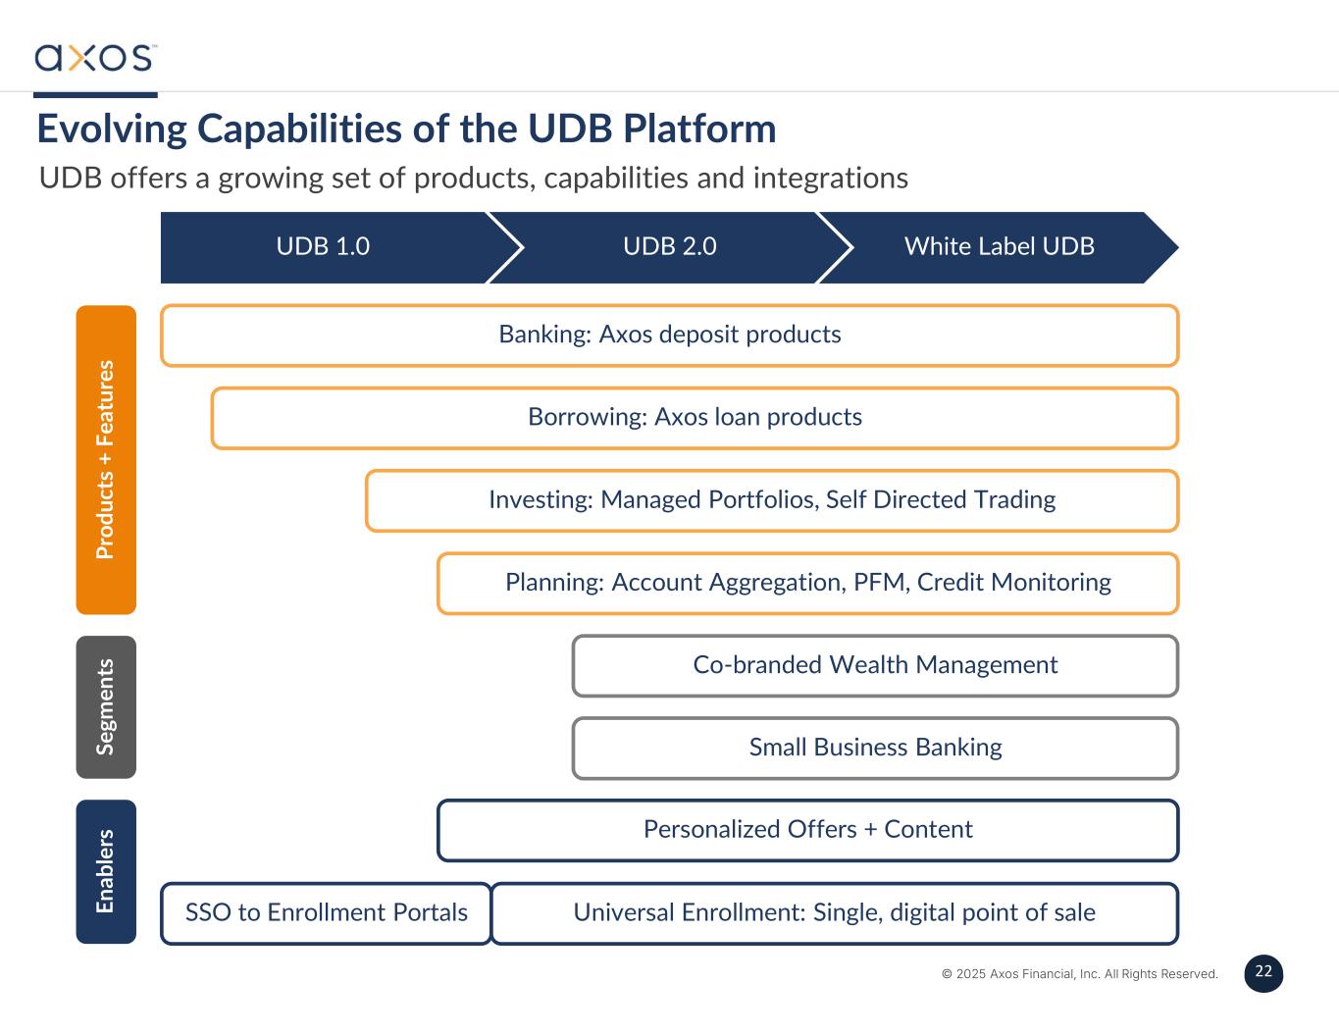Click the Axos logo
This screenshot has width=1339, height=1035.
pyautogui.click(x=95, y=57)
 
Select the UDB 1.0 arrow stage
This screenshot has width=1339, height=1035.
pyautogui.click(x=323, y=246)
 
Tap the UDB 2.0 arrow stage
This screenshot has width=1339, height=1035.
pyautogui.click(x=670, y=246)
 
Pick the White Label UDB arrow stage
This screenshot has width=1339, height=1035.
pyautogui.click(x=999, y=246)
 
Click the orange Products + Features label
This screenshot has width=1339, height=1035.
pyautogui.click(x=106, y=459)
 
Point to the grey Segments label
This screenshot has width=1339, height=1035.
pyautogui.click(x=106, y=706)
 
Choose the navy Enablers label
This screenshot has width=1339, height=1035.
pyautogui.click(x=106, y=871)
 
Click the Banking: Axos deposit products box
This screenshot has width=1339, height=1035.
pyautogui.click(x=669, y=335)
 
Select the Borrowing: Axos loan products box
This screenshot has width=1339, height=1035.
pyautogui.click(x=695, y=418)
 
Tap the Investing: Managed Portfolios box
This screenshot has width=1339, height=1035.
pyautogui.click(x=772, y=500)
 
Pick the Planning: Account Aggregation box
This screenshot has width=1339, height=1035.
pyautogui.click(x=807, y=583)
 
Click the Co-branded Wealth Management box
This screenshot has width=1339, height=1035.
pyautogui.click(x=875, y=665)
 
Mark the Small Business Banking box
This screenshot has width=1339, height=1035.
pyautogui.click(x=875, y=748)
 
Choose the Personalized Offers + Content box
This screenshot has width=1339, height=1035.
pyautogui.click(x=807, y=830)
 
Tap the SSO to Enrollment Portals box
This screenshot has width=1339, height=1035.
pyautogui.click(x=326, y=912)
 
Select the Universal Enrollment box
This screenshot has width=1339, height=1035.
pyautogui.click(x=834, y=912)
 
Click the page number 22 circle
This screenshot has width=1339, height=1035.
pyautogui.click(x=1263, y=972)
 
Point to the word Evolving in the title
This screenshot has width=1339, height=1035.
pyautogui.click(x=112, y=129)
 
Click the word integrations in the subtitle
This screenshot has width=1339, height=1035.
pyautogui.click(x=830, y=179)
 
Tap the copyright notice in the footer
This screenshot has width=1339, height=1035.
pyautogui.click(x=1079, y=974)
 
